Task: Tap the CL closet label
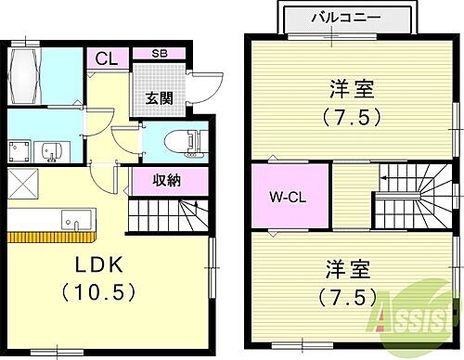coord(106,58)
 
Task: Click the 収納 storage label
coord(156,181)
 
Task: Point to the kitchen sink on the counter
coord(75,223)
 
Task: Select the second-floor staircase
coord(412,196)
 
